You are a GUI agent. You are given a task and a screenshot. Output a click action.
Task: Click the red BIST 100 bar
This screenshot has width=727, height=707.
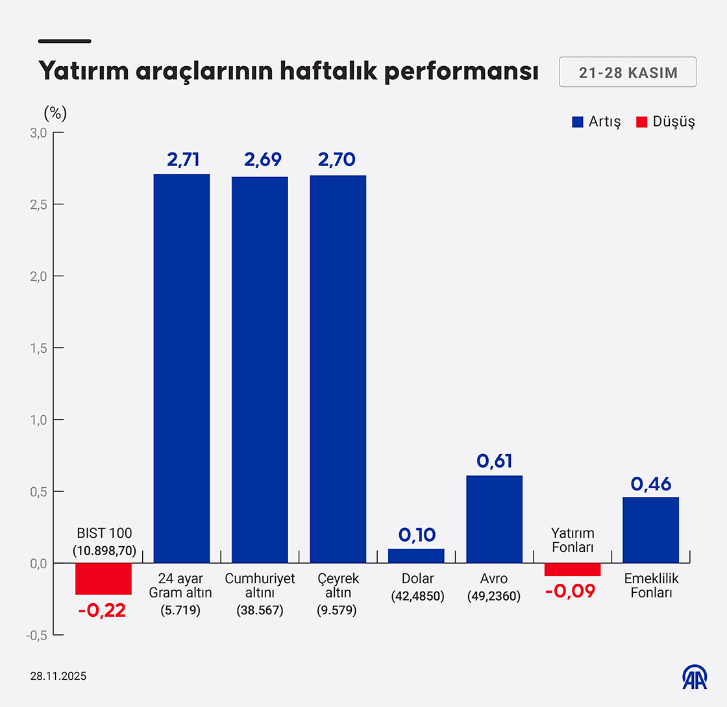[x=104, y=579]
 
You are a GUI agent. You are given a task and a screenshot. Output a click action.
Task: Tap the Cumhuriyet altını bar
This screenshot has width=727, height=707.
[x=260, y=370]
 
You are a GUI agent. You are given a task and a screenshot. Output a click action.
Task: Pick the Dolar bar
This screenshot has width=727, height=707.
[x=416, y=556]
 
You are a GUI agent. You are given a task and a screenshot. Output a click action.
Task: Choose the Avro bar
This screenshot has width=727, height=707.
[x=494, y=519]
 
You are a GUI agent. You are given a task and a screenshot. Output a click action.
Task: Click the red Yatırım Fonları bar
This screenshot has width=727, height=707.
[x=573, y=569]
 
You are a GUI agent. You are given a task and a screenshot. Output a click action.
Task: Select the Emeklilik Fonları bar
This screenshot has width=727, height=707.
[x=650, y=530]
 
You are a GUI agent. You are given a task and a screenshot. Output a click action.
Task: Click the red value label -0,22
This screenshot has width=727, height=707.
[x=101, y=610]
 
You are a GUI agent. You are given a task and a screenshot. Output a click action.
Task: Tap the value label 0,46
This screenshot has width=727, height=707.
[x=650, y=484]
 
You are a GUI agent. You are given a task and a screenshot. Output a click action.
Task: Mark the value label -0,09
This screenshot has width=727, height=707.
[x=570, y=592]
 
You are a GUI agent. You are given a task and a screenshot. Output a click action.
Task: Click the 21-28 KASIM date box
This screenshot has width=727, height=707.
[x=628, y=73]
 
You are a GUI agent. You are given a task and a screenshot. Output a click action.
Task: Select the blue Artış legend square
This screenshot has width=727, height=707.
[x=578, y=122]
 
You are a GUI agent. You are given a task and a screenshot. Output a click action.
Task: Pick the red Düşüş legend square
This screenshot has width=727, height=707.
[x=641, y=122]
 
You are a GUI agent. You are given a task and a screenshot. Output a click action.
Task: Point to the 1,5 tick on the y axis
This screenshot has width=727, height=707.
[x=40, y=348]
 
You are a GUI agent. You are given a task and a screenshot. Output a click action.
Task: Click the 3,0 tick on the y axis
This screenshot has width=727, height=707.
[x=40, y=133]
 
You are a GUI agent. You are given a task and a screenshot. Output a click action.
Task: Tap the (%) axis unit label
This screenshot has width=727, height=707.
[x=55, y=113]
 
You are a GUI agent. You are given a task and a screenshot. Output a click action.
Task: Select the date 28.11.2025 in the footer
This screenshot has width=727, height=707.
[x=58, y=676]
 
